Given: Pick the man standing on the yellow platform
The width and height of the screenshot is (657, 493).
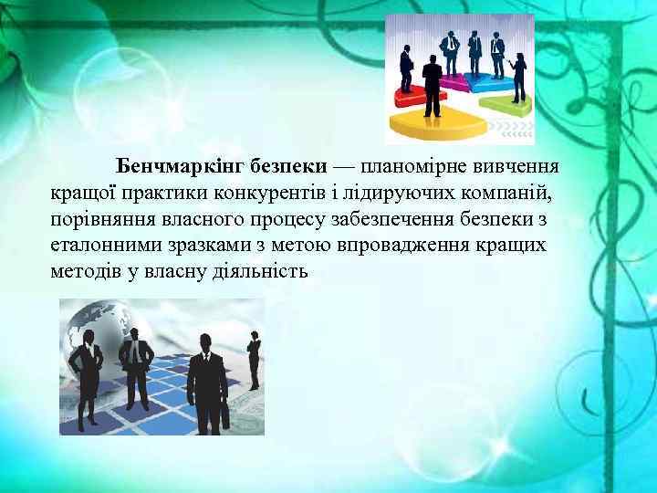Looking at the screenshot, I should [433, 87].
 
